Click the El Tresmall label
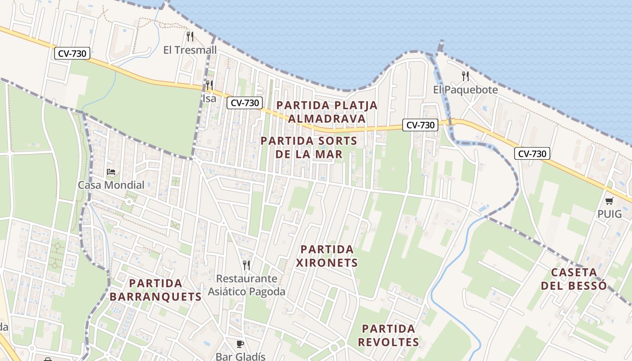tap(190, 50)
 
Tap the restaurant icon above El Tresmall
tap(190, 37)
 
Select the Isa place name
tap(209, 98)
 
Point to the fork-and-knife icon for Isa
tap(209, 85)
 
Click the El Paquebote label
tap(465, 90)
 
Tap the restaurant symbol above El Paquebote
tap(465, 76)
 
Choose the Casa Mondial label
tap(111, 185)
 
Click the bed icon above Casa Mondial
tap(111, 172)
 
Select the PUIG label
tap(609, 214)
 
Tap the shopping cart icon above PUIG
tap(609, 201)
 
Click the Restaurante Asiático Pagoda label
tap(246, 285)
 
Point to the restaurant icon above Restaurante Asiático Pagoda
tap(246, 265)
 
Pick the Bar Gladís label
tap(240, 356)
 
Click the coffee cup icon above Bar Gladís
tap(240, 344)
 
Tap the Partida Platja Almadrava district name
tap(327, 111)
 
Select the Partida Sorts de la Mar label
tap(309, 148)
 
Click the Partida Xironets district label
tap(327, 256)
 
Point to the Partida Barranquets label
tap(155, 290)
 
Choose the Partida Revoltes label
tap(389, 335)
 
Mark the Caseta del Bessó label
tap(574, 279)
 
